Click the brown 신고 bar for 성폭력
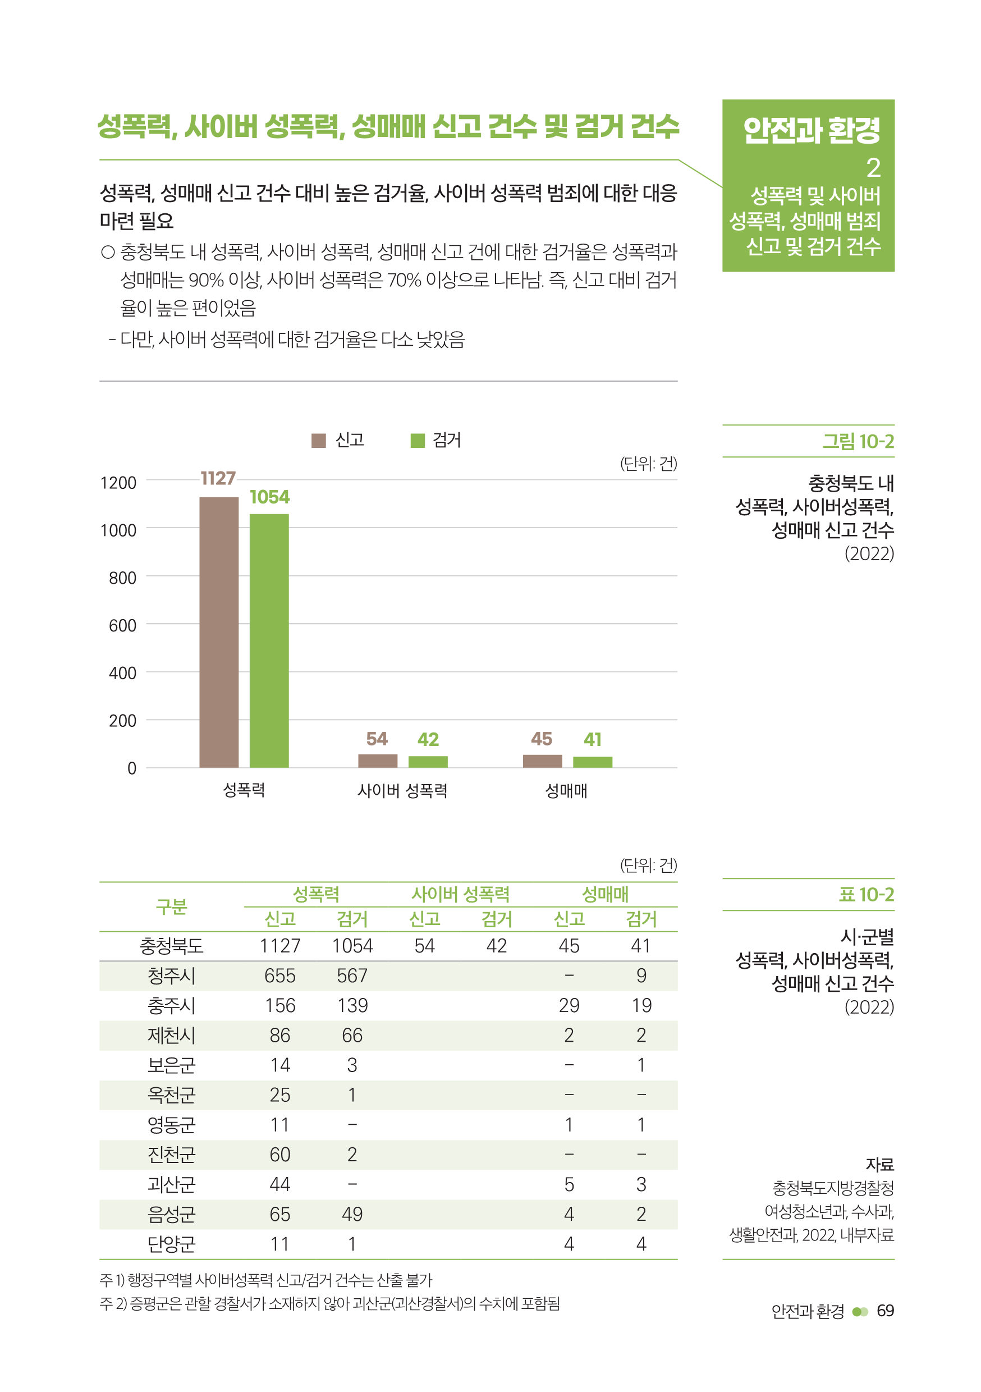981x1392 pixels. point(219,632)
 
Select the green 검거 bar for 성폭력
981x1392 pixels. point(269,640)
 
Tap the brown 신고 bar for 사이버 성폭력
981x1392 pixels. point(378,761)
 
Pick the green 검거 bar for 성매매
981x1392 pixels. point(592,762)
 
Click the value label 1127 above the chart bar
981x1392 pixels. point(218,478)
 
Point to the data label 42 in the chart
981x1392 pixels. point(428,739)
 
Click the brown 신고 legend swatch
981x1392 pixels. point(318,440)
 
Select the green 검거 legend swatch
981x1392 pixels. point(418,440)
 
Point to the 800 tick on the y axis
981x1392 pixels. point(122,578)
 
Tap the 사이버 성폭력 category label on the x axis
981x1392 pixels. point(402,791)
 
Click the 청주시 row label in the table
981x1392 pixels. point(172,976)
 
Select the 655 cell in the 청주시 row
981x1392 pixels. point(279,976)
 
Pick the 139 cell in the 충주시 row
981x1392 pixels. point(352,1005)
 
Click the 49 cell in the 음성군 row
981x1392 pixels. point(352,1214)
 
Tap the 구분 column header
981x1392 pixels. point(172,906)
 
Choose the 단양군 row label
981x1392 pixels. point(172,1244)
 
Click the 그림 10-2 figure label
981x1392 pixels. point(858,441)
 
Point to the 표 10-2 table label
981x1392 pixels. point(866,894)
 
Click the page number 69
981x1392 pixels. point(885,1311)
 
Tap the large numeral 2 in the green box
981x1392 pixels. point(873,167)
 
